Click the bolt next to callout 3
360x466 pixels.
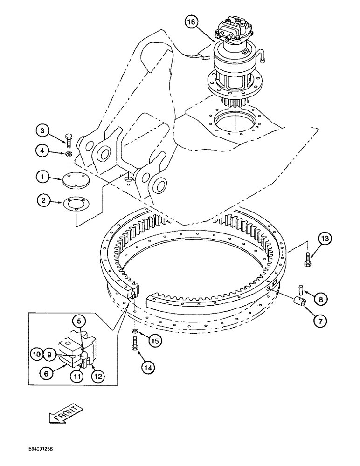[x=69, y=138]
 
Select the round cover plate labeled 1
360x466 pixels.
[x=76, y=180]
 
